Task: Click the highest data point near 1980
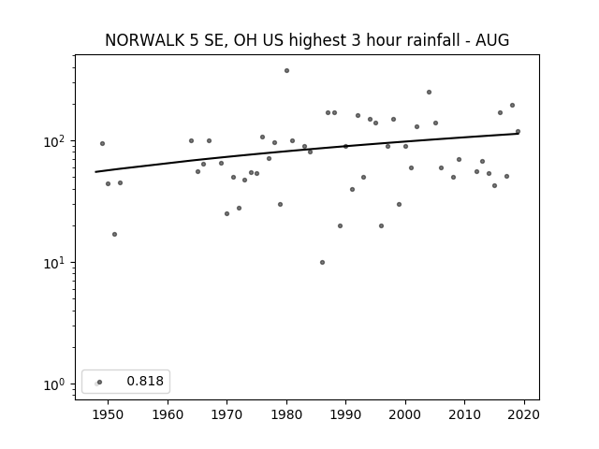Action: (x=286, y=71)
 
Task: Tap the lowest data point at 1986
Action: (x=322, y=262)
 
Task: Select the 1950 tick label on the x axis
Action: (x=108, y=414)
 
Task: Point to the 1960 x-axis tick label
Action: (x=168, y=414)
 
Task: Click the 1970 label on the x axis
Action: (x=226, y=414)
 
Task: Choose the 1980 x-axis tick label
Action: (x=286, y=414)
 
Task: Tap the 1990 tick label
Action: (x=345, y=414)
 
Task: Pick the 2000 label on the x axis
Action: (x=405, y=414)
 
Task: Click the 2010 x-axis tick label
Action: (x=464, y=414)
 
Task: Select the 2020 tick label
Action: (x=524, y=414)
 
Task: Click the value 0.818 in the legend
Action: (x=145, y=381)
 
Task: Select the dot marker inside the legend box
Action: (x=99, y=382)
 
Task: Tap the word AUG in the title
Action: (x=492, y=40)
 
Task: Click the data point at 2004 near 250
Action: (x=429, y=92)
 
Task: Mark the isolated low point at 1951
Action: (x=114, y=234)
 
